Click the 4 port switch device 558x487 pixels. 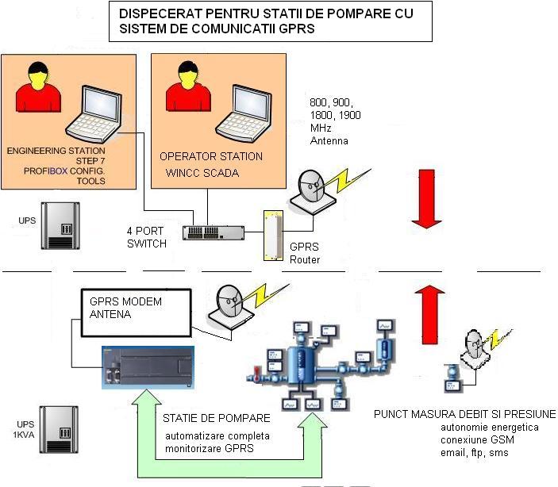click(212, 232)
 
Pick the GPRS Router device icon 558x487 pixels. click(274, 236)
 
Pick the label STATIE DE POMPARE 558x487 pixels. click(216, 418)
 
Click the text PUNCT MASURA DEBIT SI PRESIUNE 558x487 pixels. click(464, 415)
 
